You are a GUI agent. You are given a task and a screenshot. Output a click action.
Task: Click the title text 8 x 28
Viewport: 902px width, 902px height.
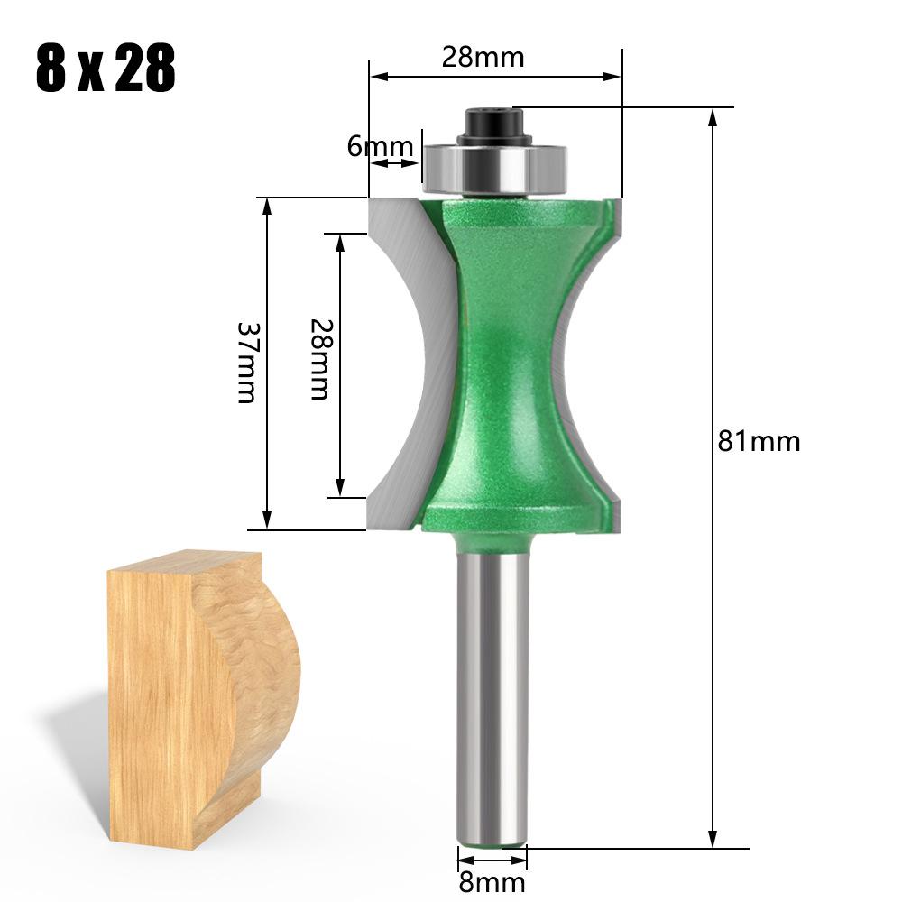tap(106, 69)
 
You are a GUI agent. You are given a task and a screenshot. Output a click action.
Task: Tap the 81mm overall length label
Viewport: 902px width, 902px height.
tap(759, 441)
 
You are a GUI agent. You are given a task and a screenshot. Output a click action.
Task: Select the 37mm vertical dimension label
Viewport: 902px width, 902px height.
tap(246, 362)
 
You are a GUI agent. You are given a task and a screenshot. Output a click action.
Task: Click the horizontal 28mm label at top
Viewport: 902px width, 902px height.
tap(482, 58)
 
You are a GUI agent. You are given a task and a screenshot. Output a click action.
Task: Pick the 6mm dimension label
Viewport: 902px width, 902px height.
tap(379, 146)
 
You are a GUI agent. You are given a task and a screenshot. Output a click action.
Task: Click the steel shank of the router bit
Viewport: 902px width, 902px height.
tap(491, 695)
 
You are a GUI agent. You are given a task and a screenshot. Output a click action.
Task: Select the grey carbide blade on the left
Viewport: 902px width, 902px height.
tap(406, 361)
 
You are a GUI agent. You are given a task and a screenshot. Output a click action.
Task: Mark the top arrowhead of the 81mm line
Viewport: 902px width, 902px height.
tap(713, 117)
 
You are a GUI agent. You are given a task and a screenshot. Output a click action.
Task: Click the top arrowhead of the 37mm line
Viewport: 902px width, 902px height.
tap(267, 207)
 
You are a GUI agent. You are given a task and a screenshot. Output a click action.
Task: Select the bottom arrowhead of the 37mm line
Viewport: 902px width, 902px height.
tap(267, 520)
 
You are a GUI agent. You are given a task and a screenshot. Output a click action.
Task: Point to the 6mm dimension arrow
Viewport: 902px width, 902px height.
tap(396, 163)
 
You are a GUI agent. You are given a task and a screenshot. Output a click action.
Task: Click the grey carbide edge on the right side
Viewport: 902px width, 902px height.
tap(616, 361)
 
